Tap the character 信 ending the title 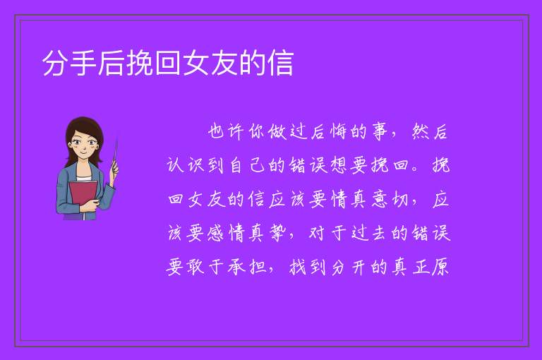coord(280,64)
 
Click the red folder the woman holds coord(83,196)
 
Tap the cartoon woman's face coord(83,146)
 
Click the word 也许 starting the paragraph coord(225,132)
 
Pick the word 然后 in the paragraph coord(430,132)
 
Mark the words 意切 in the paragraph coord(390,200)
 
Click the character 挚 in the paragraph coord(277,233)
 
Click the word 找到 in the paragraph coord(307,267)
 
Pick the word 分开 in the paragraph coord(348,267)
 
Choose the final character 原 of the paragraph coord(440,267)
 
